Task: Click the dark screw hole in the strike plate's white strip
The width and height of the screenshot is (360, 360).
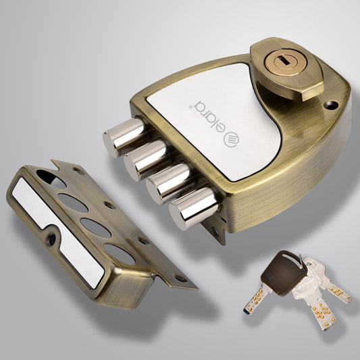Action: [51, 237]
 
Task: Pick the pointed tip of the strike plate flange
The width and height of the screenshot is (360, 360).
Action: [195, 288]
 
